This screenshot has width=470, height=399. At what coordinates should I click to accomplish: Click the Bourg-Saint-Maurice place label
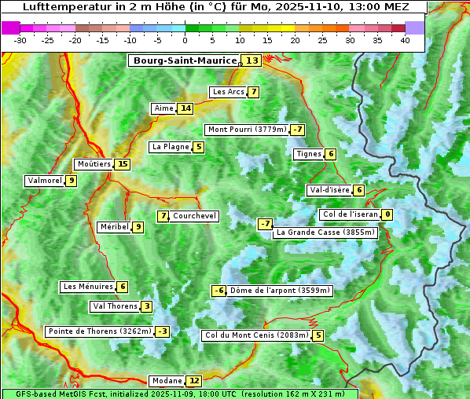tap(185, 60)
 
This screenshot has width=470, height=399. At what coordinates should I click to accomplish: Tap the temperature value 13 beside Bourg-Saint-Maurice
tap(252, 60)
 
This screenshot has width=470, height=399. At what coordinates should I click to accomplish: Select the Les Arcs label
tap(228, 92)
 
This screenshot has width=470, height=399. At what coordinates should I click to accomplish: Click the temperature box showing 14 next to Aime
tap(185, 108)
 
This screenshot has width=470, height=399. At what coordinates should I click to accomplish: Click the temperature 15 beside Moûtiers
tap(122, 164)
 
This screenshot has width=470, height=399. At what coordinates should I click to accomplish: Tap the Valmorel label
tap(44, 181)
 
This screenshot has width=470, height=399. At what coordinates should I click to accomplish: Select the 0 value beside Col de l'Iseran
tap(387, 214)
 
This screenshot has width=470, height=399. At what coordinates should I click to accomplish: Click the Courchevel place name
tap(194, 216)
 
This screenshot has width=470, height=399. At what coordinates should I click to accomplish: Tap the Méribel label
tap(114, 227)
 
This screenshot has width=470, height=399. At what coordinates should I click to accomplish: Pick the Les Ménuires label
tap(87, 287)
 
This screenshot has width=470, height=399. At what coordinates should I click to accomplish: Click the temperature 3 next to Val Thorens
tap(147, 306)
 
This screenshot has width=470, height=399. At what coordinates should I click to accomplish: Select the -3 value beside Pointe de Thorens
tap(162, 331)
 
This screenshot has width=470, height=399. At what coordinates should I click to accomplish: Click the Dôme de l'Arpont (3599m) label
tap(280, 291)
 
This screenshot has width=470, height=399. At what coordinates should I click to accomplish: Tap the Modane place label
tap(166, 381)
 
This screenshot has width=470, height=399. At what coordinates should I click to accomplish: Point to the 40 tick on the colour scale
tap(405, 40)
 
